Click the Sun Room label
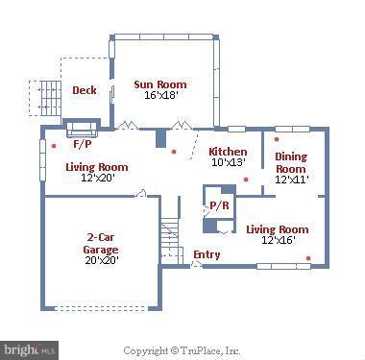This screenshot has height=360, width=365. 160,84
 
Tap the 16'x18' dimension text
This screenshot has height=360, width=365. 160,95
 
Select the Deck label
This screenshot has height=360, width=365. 85,90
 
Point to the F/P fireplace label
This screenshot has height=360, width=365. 83,144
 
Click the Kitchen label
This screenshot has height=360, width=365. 228,152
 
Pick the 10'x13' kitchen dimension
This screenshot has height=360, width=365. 229,162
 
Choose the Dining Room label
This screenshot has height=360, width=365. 291,162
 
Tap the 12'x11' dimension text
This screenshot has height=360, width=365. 292,180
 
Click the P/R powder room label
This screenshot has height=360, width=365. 219,205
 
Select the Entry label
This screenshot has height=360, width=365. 207,254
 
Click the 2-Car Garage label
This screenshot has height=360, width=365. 101,243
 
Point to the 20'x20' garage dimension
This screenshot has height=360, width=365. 102,260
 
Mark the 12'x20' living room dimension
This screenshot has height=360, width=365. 98,178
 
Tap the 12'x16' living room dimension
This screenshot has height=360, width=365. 279,240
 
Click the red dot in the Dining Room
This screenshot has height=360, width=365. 277,139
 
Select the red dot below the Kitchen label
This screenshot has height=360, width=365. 246,180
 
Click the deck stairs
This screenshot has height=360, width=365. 51,99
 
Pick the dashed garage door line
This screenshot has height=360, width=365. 102,308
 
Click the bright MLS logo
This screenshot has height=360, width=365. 29,349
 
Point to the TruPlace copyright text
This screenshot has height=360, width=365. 182,350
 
